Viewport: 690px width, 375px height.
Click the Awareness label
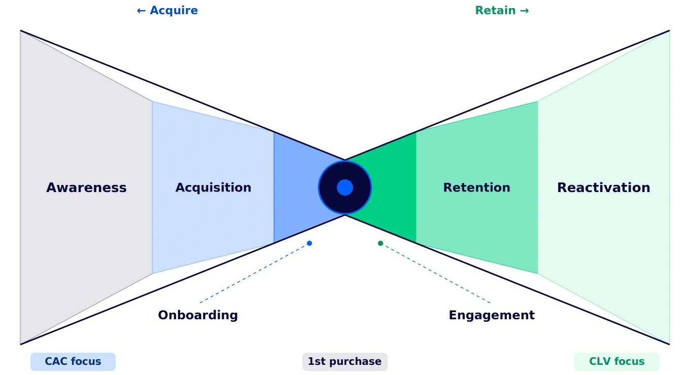click(x=86, y=188)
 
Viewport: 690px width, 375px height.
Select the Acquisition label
click(x=213, y=188)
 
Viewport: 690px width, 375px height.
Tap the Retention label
click(x=476, y=188)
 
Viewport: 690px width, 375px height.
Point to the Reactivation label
click(x=603, y=188)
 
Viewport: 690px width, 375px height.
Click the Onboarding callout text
click(x=198, y=315)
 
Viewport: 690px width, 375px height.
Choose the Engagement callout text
click(x=491, y=315)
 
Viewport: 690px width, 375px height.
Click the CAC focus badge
click(x=73, y=362)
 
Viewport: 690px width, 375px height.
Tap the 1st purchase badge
click(x=344, y=362)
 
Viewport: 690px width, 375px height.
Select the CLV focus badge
click(x=616, y=362)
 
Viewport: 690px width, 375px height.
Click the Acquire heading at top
click(x=173, y=11)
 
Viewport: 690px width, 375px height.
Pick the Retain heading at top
click(x=495, y=11)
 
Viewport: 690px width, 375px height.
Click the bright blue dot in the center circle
click(x=345, y=188)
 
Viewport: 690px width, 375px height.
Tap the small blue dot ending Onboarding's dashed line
click(x=309, y=243)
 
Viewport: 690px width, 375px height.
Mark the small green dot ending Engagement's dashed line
click(x=381, y=243)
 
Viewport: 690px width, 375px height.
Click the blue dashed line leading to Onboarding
click(x=254, y=274)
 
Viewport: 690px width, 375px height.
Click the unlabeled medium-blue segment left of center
click(x=294, y=188)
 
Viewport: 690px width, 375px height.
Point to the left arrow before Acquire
click(x=141, y=11)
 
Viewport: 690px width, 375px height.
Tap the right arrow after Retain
click(x=525, y=11)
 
